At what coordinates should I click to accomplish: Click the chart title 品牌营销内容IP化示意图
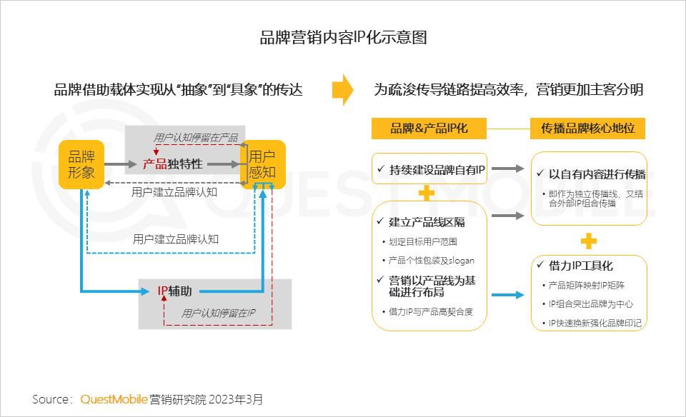coord(344,38)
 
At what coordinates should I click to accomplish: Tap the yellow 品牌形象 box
coord(81,164)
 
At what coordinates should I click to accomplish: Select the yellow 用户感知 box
coord(262,164)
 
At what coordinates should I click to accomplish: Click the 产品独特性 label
coord(172,164)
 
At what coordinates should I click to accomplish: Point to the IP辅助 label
coord(174,291)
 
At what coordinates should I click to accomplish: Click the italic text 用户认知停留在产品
coord(196,138)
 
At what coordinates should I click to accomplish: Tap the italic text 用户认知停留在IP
coord(218,313)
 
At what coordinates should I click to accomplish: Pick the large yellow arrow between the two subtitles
coord(342,89)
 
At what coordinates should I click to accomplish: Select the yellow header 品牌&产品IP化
coord(429,129)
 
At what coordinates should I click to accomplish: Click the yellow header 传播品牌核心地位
coord(587,129)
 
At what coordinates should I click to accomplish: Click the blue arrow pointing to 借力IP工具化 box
coord(507,295)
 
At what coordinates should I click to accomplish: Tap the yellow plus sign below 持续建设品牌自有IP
coord(427,194)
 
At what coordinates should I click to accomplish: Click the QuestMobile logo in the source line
coord(114,399)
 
